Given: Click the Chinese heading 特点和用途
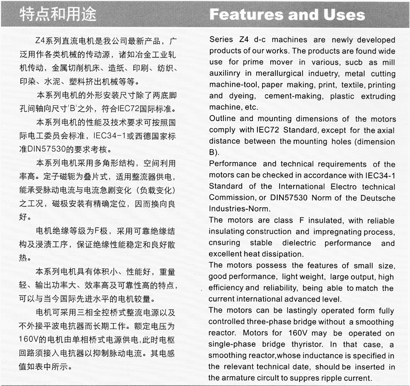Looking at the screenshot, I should pos(58,14).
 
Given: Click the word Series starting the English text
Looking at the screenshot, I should pos(221,39).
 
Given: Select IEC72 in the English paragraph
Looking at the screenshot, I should pos(267,130).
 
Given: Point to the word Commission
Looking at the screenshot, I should pos(231,197).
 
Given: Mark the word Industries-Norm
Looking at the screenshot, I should pos(239,209).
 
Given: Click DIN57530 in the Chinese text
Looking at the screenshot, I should pos(45,149).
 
